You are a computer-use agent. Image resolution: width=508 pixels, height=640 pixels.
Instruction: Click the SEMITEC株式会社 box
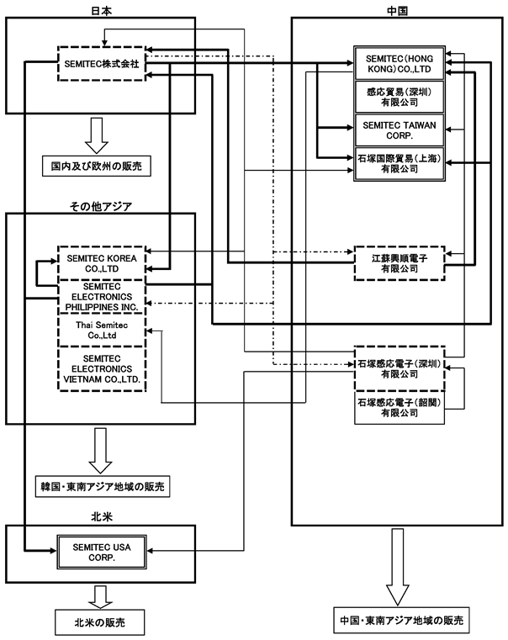click(x=102, y=64)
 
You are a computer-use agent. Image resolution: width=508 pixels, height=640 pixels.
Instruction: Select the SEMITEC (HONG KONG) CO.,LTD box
click(x=400, y=63)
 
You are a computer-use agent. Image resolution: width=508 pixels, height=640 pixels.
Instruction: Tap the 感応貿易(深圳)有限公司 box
click(x=400, y=97)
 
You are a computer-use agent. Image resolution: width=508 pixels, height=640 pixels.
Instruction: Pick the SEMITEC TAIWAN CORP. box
click(x=400, y=130)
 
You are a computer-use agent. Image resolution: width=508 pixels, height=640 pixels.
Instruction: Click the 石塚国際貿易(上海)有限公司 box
click(x=400, y=163)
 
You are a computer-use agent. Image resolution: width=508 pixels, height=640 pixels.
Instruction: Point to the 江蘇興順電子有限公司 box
click(x=400, y=263)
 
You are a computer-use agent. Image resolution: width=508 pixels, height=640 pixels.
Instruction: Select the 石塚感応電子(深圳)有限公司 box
click(x=400, y=368)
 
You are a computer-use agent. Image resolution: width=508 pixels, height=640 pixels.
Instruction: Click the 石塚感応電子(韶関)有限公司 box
click(x=400, y=408)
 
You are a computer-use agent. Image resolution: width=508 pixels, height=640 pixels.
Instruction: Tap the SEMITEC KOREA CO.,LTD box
click(x=102, y=263)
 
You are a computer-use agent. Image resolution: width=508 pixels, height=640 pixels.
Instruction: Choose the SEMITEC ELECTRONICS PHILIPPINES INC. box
click(x=102, y=297)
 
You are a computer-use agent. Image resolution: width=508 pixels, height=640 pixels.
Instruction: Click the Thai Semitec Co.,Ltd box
click(x=102, y=331)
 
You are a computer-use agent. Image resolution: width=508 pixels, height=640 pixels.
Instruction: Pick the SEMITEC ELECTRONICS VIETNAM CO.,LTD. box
click(x=102, y=369)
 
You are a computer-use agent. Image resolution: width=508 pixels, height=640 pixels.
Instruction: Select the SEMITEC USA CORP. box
click(x=102, y=552)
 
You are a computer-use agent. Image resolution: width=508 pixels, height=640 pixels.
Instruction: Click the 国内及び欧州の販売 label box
click(x=97, y=167)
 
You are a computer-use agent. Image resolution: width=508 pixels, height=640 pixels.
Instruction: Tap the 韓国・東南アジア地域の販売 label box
click(x=103, y=486)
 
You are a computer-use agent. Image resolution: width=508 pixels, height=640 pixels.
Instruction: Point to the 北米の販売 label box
click(x=100, y=622)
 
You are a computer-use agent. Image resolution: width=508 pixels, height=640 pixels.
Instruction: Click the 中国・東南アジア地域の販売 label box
click(x=401, y=620)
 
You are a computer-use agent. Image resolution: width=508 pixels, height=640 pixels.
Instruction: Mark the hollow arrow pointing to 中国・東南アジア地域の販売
click(x=398, y=567)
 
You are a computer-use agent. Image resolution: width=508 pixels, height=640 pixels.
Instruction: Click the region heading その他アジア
click(x=101, y=207)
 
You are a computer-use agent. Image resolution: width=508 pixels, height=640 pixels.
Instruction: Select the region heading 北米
click(x=102, y=516)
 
